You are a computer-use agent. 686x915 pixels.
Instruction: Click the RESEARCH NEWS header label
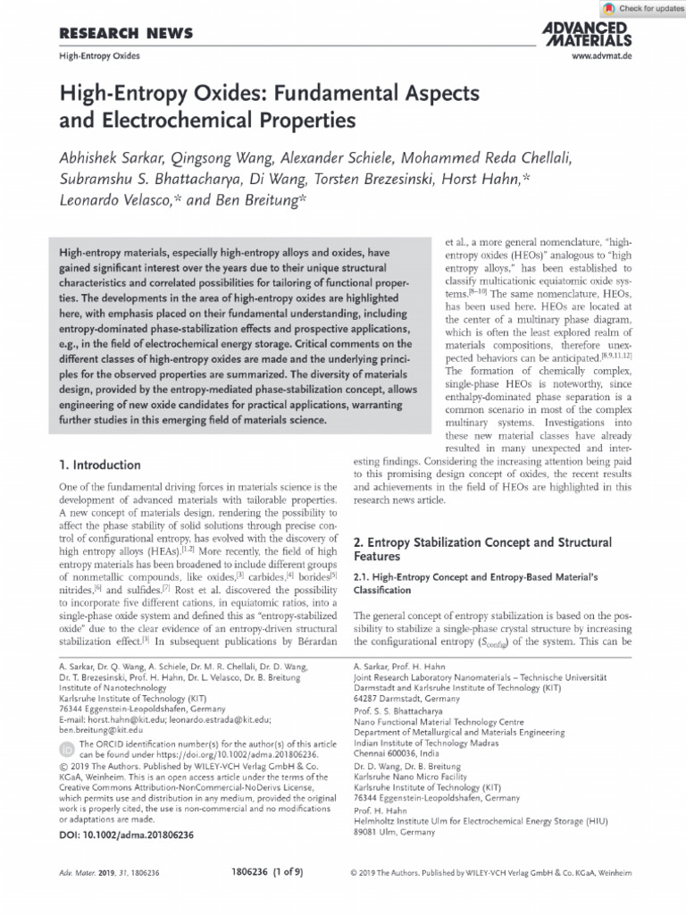[x=125, y=34]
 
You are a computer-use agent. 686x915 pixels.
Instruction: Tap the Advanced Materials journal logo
[x=587, y=34]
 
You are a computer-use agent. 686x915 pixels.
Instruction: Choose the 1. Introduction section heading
[x=99, y=466]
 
